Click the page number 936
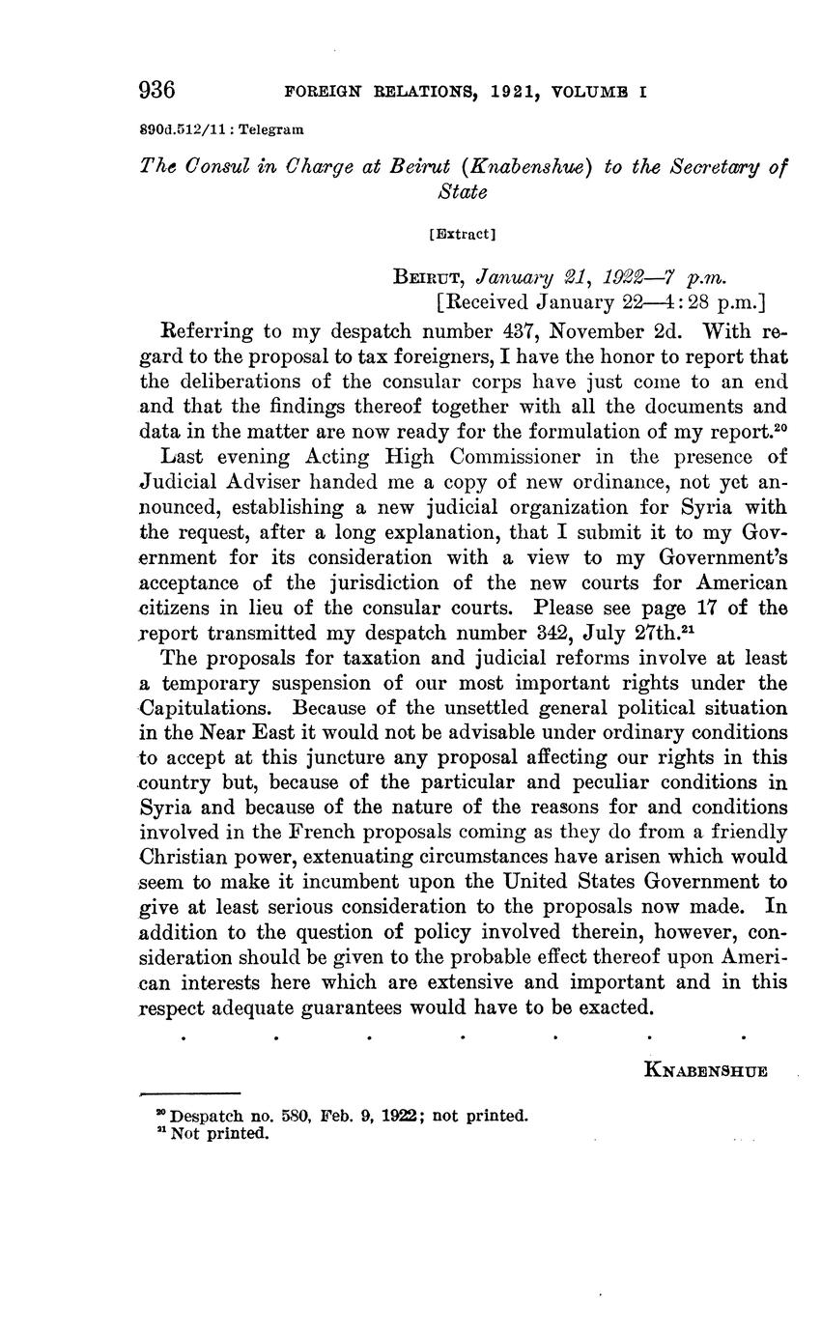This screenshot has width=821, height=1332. click(157, 92)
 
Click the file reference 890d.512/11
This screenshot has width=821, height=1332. click(180, 128)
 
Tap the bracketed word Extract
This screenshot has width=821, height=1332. click(461, 234)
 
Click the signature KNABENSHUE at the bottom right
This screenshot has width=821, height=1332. click(705, 1070)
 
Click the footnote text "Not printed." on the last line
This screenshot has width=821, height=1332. click(217, 1134)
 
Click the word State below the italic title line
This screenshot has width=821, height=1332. click(463, 191)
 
